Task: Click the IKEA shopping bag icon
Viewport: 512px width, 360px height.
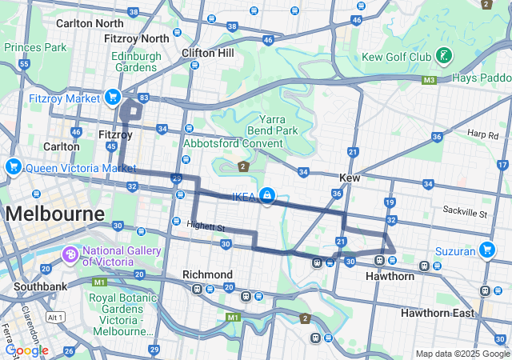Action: [265, 195]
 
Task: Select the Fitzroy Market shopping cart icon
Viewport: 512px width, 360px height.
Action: [112, 98]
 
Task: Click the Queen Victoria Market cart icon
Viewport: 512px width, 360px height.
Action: [12, 167]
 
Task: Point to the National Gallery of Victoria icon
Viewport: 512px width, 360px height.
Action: [70, 255]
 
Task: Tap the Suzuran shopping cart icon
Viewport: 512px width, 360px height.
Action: [486, 250]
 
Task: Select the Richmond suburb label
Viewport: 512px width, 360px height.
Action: [207, 274]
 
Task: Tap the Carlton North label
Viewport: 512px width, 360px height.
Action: [90, 23]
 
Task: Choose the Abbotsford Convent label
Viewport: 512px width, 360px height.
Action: [233, 143]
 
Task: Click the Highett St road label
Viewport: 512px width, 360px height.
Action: [206, 228]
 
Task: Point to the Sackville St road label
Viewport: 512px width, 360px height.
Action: [465, 214]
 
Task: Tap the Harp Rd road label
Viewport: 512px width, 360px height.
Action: [483, 134]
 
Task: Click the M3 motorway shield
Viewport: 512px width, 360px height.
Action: [430, 79]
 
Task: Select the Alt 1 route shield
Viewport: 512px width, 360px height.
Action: [55, 317]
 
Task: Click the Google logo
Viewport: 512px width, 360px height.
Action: [26, 350]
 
